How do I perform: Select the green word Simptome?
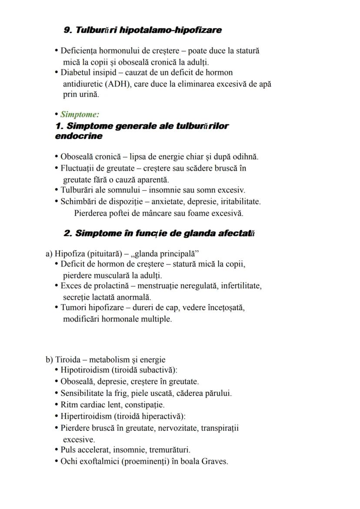[x=80, y=115]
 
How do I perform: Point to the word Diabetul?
[x=75, y=72]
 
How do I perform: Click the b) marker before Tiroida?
[x=49, y=360]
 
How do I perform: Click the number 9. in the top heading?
[x=68, y=30]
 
